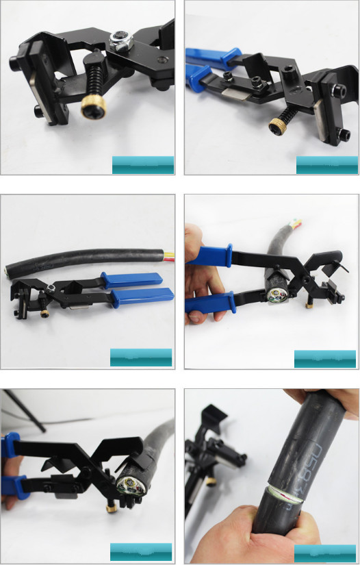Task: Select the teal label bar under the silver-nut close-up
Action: [142, 165]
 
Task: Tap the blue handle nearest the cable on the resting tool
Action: [131, 279]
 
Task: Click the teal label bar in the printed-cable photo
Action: [324, 553]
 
